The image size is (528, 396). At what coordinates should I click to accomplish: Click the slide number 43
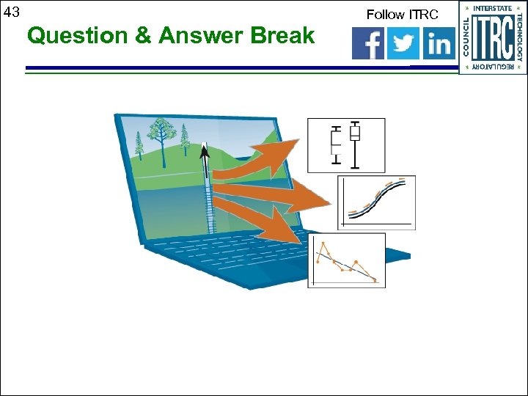(11, 12)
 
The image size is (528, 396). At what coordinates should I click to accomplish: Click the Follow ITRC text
(402, 14)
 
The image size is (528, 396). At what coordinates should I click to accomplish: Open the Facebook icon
(368, 44)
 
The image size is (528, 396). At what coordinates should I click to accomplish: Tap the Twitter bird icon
(403, 44)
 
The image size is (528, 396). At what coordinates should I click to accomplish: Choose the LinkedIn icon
(439, 44)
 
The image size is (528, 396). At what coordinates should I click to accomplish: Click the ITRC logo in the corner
(493, 37)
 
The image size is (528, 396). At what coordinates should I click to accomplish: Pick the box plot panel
(346, 144)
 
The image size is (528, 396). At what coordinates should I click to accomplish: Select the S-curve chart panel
(376, 202)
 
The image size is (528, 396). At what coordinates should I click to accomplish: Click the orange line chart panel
(346, 260)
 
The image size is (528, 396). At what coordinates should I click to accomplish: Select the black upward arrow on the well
(205, 153)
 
